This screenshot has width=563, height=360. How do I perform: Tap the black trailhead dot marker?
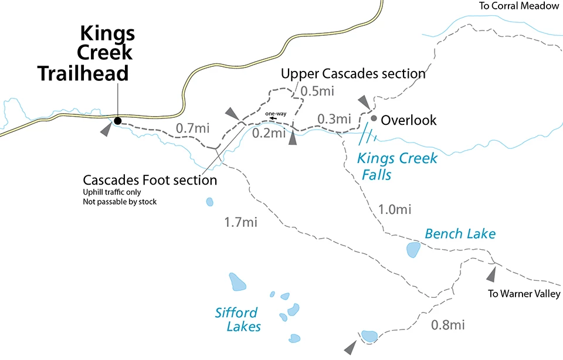click(117, 121)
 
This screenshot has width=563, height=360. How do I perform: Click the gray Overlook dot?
click(373, 117)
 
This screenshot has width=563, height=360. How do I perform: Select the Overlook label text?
click(409, 120)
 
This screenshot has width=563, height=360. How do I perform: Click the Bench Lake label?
click(460, 235)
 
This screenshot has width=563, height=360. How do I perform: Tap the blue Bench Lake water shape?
click(413, 250)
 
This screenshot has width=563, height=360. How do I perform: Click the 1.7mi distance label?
click(241, 222)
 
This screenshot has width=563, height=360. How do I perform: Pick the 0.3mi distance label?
click(334, 119)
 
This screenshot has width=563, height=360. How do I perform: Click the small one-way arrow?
click(274, 117)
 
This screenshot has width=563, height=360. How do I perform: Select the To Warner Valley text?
click(524, 294)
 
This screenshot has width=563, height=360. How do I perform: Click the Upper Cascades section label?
click(353, 74)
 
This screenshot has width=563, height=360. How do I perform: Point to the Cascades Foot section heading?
click(150, 180)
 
